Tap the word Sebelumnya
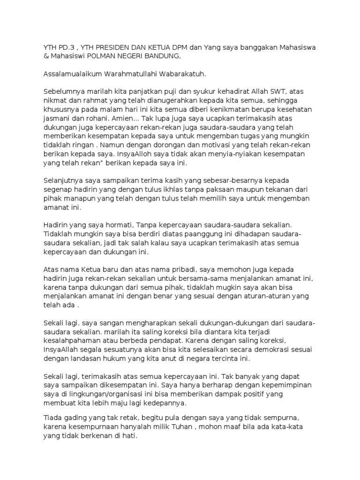coord(64,92)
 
